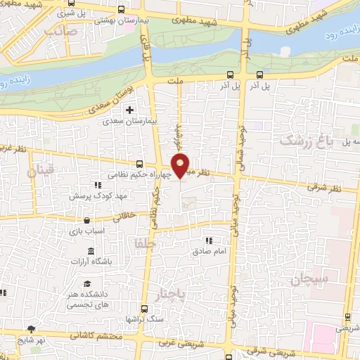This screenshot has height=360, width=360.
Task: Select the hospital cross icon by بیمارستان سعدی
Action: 129,110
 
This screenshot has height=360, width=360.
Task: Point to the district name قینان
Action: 40,171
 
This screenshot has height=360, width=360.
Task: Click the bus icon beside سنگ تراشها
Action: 144,309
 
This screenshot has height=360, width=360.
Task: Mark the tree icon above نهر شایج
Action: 31,328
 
